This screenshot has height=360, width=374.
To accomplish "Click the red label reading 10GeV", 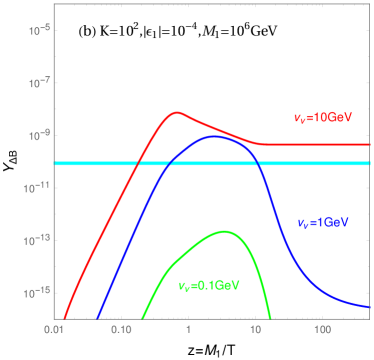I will point(321,118).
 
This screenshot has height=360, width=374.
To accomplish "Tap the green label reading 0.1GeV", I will point(209,286).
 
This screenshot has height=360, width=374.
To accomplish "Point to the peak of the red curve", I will point(178,112).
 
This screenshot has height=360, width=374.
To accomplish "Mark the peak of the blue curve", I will point(216,136).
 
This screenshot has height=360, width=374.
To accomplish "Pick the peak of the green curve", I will point(225,232).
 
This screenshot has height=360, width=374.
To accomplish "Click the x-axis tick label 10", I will point(256,328).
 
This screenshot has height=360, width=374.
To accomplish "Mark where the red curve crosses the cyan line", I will point(136,163).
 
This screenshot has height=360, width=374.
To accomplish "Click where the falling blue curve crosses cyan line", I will point(258,163).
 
